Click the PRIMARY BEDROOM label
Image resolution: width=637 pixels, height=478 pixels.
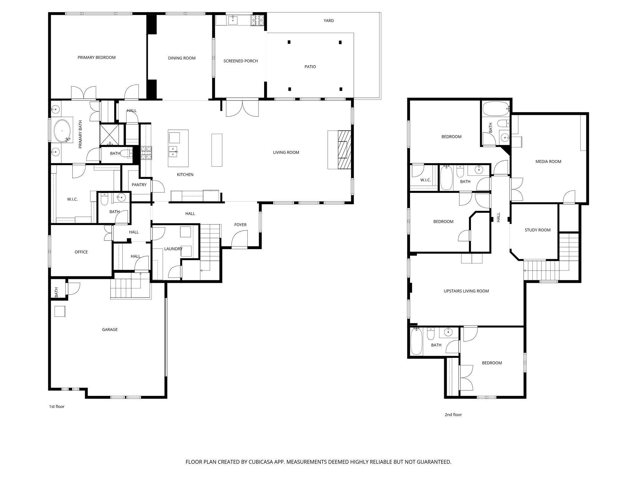(x=96, y=58)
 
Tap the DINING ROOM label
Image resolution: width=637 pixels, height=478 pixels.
(x=182, y=58)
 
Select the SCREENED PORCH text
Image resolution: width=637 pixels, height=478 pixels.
(x=240, y=61)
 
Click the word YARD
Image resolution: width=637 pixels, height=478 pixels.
(x=328, y=21)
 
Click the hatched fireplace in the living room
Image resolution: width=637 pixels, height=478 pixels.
(x=344, y=150)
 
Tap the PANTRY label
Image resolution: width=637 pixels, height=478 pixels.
(x=139, y=185)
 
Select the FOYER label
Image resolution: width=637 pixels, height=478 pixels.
(x=240, y=225)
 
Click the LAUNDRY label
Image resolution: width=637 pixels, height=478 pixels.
(x=173, y=249)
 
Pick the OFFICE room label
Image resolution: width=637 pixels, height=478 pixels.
(x=81, y=252)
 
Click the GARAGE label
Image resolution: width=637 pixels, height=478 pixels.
(x=110, y=330)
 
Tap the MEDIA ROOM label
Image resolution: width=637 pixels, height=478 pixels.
(x=548, y=162)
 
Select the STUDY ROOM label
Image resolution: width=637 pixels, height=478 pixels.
(x=537, y=230)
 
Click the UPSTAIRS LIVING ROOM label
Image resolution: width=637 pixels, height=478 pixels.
(x=466, y=291)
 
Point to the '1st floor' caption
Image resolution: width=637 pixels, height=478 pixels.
(x=57, y=406)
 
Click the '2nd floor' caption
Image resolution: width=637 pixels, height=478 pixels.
(x=453, y=415)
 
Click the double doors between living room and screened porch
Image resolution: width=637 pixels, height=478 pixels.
(x=242, y=108)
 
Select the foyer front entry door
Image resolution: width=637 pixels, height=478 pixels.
(x=239, y=239)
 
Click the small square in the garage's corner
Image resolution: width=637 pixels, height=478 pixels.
(x=60, y=311)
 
